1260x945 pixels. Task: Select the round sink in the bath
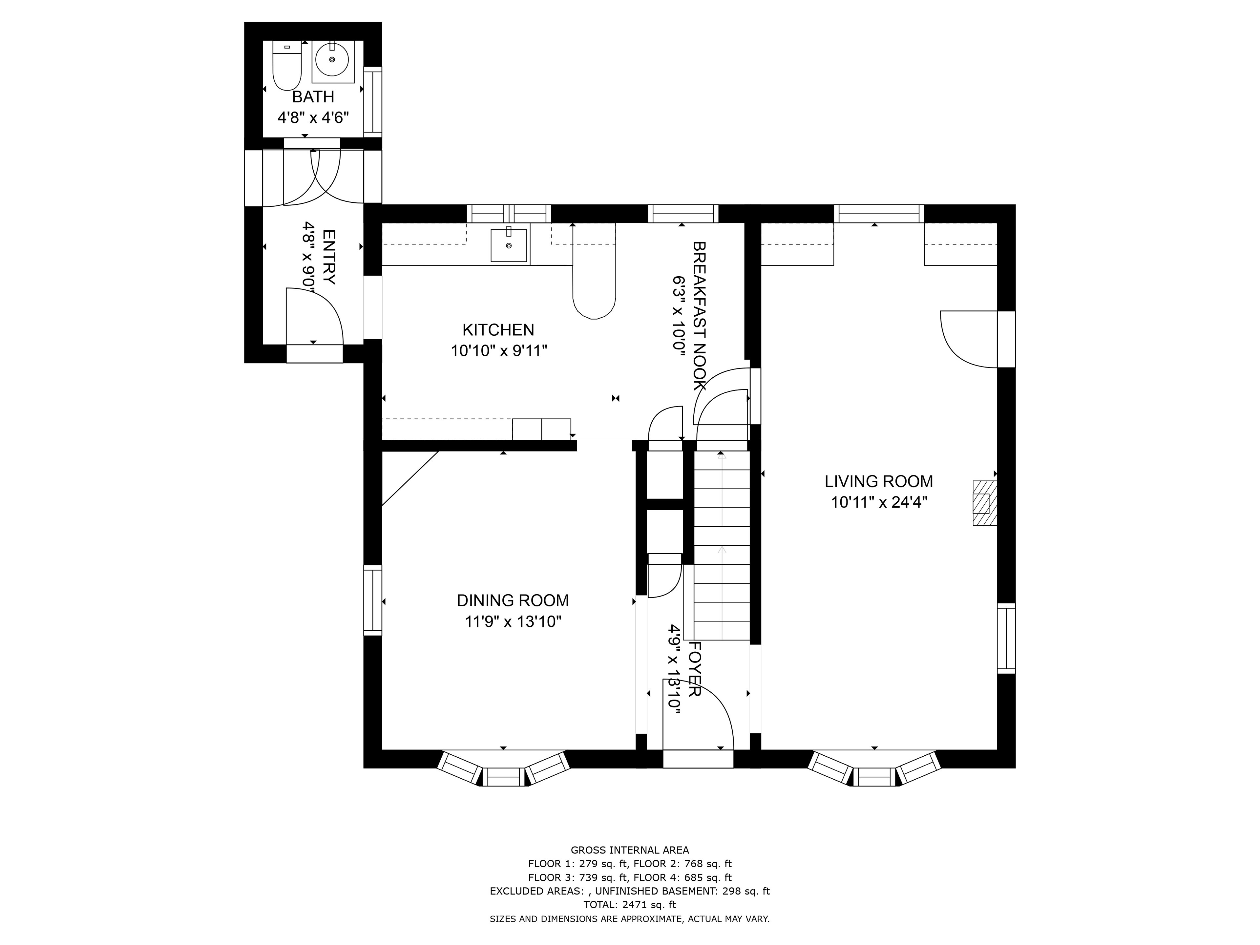click(332, 60)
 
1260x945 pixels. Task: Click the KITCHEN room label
click(498, 330)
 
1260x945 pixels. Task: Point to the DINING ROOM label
click(513, 600)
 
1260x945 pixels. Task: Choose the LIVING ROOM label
click(879, 481)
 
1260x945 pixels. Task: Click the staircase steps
click(722, 545)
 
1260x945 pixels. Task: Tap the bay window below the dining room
click(504, 769)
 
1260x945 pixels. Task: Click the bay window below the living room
click(874, 769)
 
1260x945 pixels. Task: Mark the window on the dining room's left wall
click(372, 600)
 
